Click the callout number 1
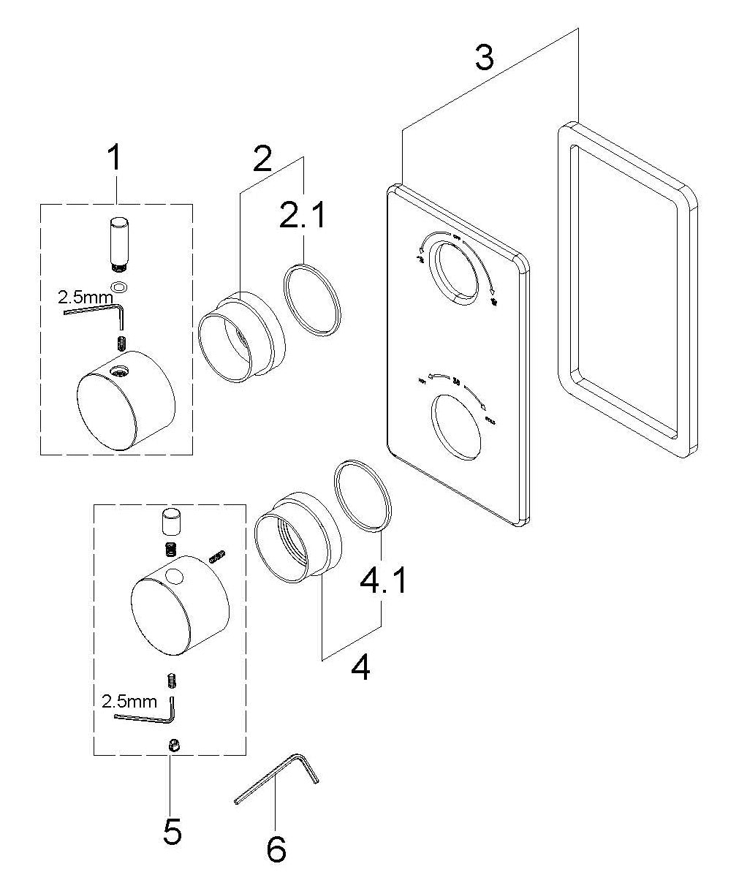click(114, 159)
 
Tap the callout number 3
click(484, 57)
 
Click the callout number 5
click(173, 831)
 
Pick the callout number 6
click(276, 849)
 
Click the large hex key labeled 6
click(276, 780)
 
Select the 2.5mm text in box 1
click(86, 297)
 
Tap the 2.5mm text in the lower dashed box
click(129, 701)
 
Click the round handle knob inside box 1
click(126, 398)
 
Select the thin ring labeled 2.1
click(313, 300)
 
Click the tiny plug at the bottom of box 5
click(175, 745)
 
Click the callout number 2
click(263, 159)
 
